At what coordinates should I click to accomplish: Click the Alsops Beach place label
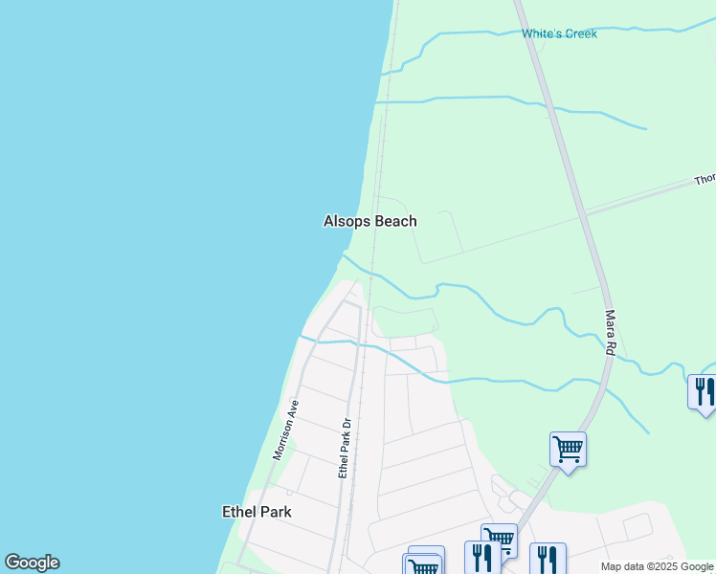(x=370, y=221)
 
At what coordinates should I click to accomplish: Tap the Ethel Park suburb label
(x=257, y=512)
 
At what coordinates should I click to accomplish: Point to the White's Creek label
(x=559, y=33)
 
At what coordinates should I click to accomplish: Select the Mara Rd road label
(x=609, y=333)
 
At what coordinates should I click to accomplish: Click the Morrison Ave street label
(x=286, y=430)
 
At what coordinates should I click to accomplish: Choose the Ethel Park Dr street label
(x=347, y=448)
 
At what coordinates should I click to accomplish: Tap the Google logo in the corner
(x=32, y=563)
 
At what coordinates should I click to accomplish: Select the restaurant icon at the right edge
(x=704, y=391)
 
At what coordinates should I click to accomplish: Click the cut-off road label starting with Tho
(x=705, y=179)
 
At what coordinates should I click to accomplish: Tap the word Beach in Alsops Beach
(x=393, y=221)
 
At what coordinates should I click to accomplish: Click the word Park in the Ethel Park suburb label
(x=275, y=512)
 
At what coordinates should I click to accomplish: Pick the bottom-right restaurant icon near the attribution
(x=547, y=558)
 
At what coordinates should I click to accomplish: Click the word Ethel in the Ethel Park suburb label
(x=238, y=512)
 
